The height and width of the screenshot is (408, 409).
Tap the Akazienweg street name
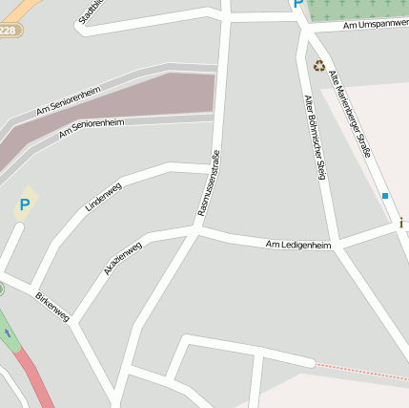tap(123, 258)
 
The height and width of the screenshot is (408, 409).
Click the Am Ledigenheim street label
tap(298, 246)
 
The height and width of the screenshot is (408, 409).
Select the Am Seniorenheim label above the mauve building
tap(69, 100)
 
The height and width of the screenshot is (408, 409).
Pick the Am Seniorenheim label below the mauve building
tap(92, 128)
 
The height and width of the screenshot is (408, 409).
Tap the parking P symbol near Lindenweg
tap(25, 204)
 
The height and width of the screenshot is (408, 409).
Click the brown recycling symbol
tap(318, 66)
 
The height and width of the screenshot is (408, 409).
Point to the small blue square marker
tap(385, 196)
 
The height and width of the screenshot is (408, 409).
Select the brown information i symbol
tap(402, 223)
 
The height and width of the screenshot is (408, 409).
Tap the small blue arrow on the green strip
tap(9, 332)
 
